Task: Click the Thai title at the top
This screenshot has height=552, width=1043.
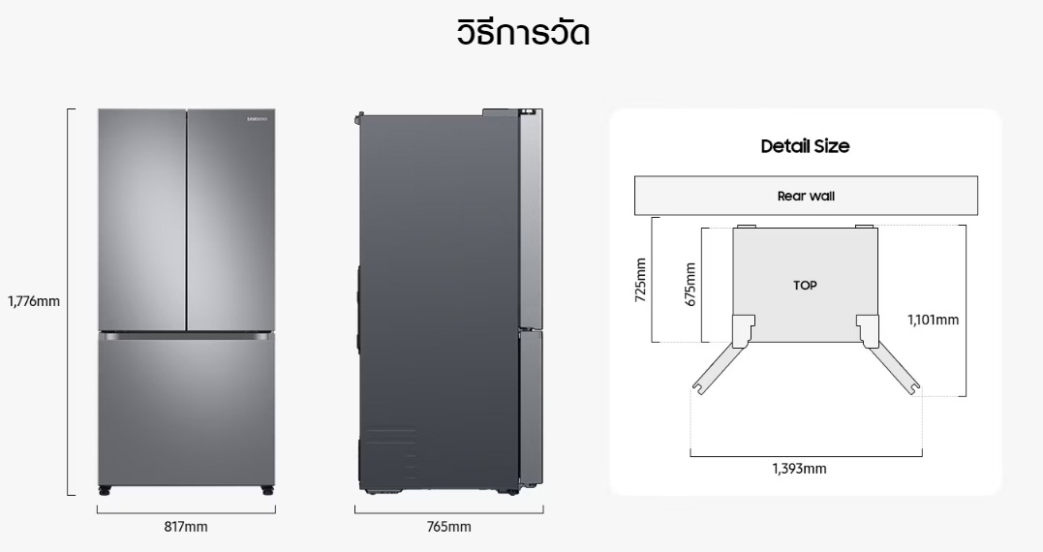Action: (x=523, y=33)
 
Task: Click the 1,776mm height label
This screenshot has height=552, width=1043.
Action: (x=34, y=301)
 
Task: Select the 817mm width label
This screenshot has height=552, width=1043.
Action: (x=186, y=527)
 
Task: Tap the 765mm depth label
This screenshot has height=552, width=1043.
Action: (x=449, y=527)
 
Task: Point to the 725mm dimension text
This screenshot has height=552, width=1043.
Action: (x=640, y=280)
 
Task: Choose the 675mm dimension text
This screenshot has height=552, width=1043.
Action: (x=690, y=285)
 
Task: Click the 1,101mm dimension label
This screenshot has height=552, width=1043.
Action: (x=934, y=320)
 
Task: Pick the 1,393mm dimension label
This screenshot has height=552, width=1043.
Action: (x=800, y=469)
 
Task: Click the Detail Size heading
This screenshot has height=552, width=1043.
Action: (x=805, y=146)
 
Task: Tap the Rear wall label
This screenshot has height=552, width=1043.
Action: (x=806, y=197)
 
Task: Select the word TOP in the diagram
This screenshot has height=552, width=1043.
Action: (x=805, y=286)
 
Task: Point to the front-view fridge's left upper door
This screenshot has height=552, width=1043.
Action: (x=141, y=220)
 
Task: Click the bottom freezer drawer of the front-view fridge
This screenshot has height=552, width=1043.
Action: (x=186, y=411)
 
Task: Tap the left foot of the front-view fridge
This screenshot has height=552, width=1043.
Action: (x=105, y=491)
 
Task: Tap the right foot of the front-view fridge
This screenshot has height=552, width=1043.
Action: (x=266, y=491)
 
